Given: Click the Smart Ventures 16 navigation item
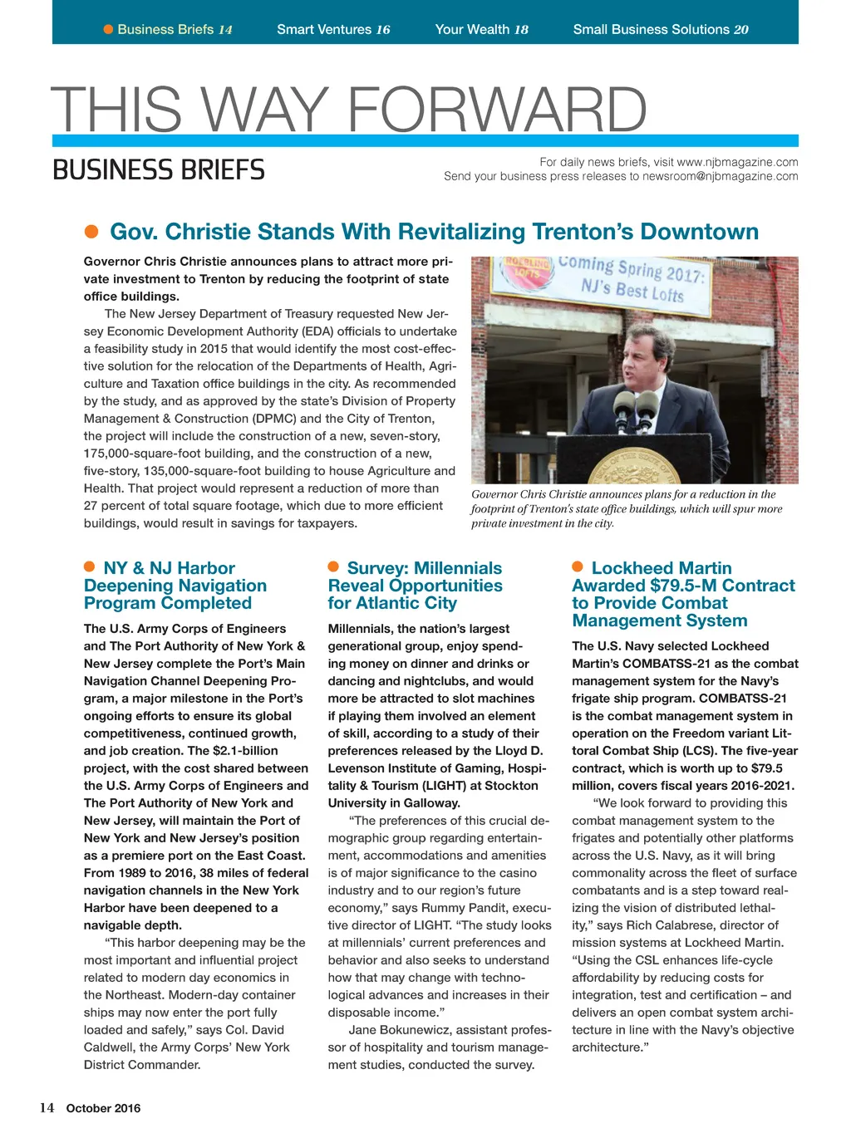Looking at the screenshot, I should tap(333, 30).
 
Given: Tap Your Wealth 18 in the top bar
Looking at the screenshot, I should tap(481, 30).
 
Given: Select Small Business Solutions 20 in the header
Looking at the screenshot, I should tap(660, 30).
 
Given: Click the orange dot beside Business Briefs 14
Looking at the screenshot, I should tap(108, 30).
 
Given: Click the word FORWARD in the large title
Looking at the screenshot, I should tap(496, 110).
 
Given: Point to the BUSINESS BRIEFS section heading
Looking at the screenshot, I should tap(159, 170).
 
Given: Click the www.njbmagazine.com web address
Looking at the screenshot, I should tap(737, 162).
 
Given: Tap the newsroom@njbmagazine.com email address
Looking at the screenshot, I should tap(720, 176).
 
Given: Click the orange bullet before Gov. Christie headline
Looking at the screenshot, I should tap(92, 231).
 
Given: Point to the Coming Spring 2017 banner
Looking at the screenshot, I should tap(632, 277).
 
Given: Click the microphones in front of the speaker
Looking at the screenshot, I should tap(636, 407).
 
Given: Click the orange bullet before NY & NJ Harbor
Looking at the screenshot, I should tap(90, 567).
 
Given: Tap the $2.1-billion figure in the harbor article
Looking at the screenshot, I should tap(245, 751).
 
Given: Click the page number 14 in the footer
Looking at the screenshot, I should tap(47, 1107).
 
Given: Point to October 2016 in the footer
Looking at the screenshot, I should tap(103, 1108).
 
